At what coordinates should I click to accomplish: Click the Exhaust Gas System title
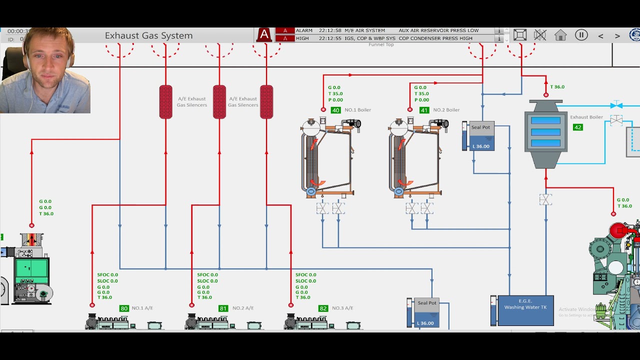(x=148, y=35)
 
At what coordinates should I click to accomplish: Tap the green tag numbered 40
(x=335, y=110)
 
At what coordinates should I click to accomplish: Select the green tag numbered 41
(x=424, y=110)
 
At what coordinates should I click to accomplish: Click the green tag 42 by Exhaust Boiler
(x=578, y=127)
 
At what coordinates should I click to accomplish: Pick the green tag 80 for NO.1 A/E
(x=124, y=308)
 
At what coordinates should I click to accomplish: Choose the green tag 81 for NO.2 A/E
(x=223, y=308)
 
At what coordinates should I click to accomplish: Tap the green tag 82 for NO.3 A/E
(x=323, y=308)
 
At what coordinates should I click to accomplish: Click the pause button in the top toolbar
(x=581, y=35)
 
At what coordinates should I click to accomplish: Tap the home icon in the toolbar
(x=560, y=35)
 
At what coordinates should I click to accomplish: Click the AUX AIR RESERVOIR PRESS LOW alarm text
(x=438, y=30)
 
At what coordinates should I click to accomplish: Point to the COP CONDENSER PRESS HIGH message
(x=435, y=38)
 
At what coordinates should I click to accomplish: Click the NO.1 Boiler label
(x=357, y=110)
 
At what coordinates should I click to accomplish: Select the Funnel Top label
(x=381, y=44)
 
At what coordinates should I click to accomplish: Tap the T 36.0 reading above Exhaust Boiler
(x=557, y=87)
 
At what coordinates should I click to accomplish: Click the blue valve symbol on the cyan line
(x=616, y=105)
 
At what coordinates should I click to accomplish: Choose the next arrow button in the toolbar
(x=617, y=36)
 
